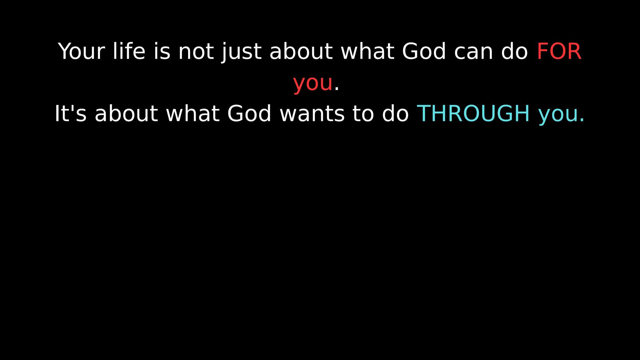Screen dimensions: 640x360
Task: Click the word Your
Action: click(81, 51)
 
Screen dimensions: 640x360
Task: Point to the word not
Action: click(196, 52)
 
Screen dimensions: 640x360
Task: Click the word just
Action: click(242, 52)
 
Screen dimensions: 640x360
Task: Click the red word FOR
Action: click(559, 51)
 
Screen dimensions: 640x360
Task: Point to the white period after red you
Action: click(337, 89)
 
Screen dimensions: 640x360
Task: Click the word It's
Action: click(70, 113)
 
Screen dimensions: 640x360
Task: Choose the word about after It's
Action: click(126, 113)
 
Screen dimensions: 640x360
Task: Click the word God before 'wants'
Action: click(249, 113)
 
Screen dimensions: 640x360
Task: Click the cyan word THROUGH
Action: click(473, 113)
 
